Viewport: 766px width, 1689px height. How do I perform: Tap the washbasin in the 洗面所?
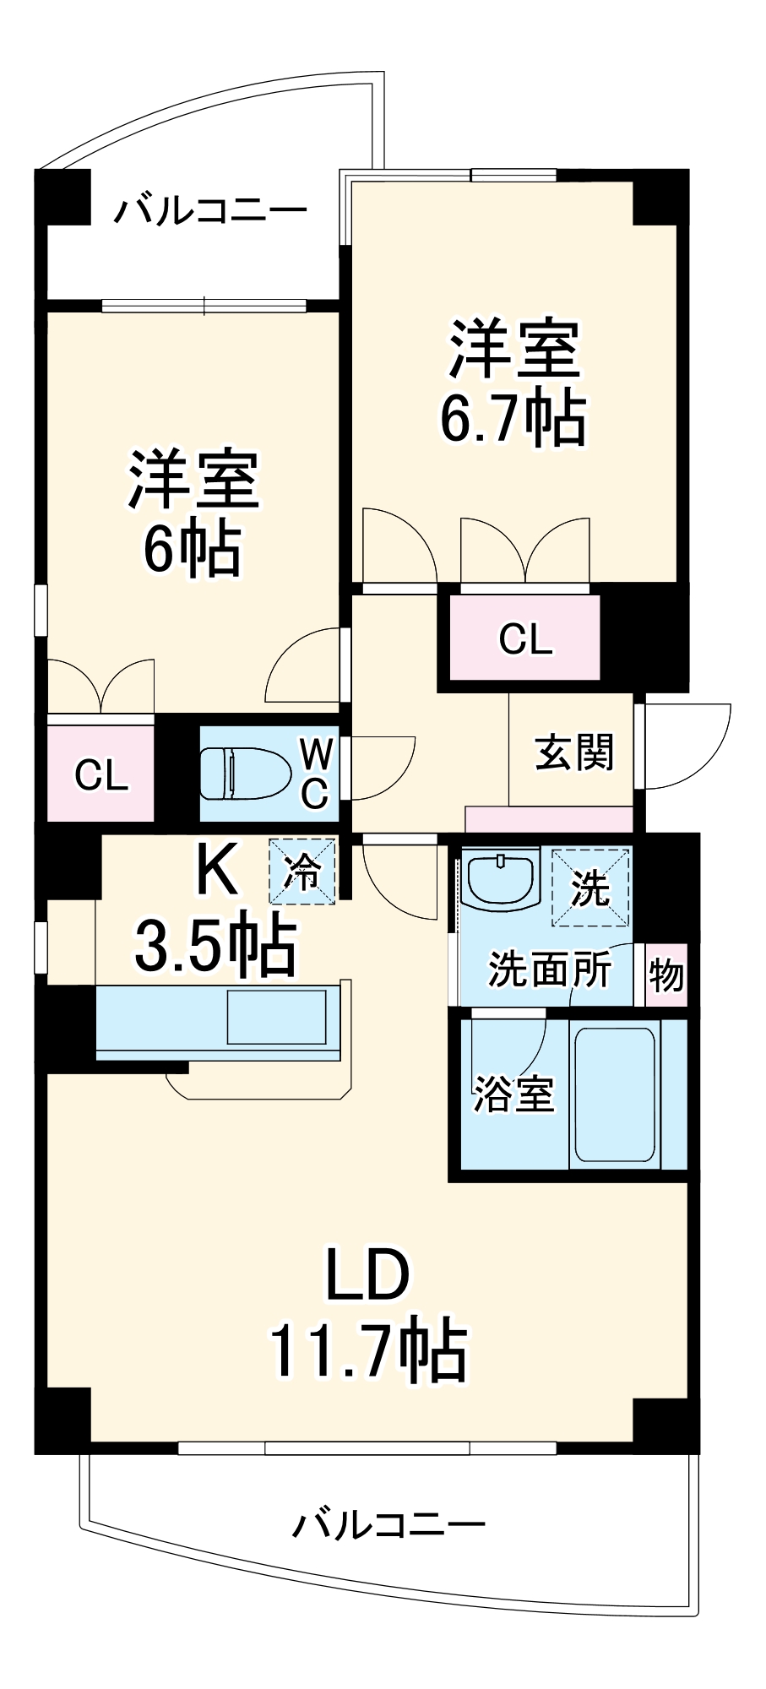501,879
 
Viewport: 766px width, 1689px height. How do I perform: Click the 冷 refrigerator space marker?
302,871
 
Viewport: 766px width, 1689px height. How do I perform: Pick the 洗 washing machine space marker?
590,887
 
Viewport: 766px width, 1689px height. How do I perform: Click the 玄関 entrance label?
574,751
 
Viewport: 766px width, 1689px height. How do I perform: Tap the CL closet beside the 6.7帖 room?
524,638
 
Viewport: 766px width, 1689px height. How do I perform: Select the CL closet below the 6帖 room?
101,774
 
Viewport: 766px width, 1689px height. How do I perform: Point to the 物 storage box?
666,975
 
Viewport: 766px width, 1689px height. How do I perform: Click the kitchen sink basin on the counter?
276,1018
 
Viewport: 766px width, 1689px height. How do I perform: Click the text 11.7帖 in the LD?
368,1350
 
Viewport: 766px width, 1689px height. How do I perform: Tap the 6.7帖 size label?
513,417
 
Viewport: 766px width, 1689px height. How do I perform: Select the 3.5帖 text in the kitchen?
215,944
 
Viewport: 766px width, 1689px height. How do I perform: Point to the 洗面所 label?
550,969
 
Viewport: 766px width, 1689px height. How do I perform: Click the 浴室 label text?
513,1094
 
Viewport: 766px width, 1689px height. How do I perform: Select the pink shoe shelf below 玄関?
549,818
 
